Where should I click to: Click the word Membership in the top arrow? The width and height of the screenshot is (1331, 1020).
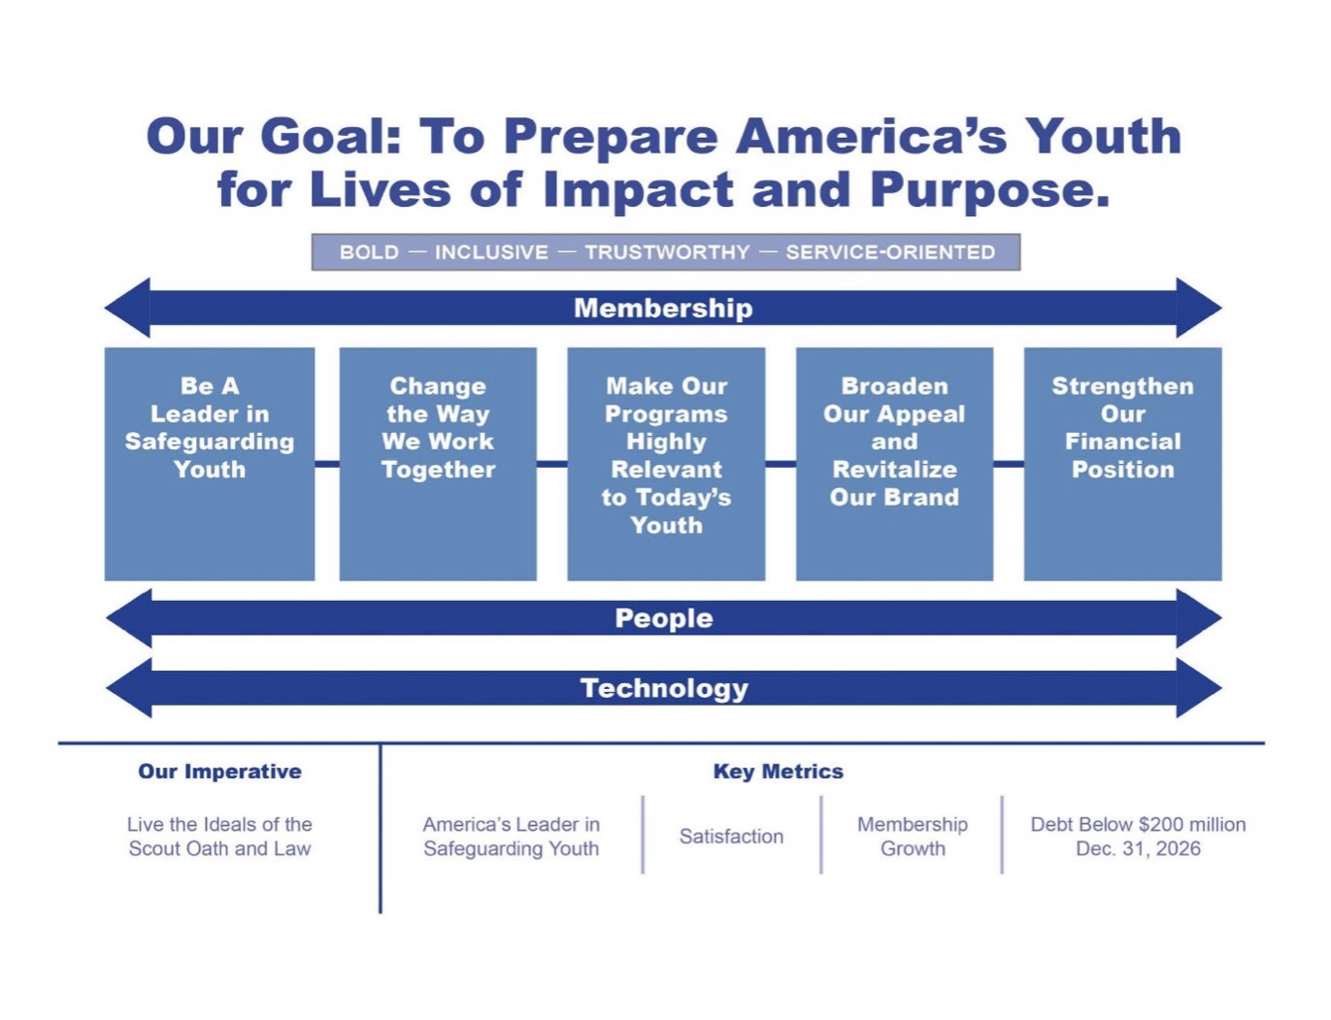[x=663, y=308]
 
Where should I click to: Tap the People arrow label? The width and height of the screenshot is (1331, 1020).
[x=663, y=618]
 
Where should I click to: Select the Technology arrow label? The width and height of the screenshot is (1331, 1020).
[x=664, y=688]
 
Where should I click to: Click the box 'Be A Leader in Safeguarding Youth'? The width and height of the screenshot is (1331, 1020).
[x=210, y=464]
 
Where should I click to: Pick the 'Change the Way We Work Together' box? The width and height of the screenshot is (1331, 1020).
[x=438, y=464]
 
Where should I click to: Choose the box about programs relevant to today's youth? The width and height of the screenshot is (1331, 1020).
[x=666, y=464]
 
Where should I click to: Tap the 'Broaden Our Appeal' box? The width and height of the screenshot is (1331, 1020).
[x=894, y=464]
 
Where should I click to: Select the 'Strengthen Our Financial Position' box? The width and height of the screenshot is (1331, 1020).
[x=1122, y=464]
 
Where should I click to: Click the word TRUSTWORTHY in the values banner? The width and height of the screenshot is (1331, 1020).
[x=667, y=252]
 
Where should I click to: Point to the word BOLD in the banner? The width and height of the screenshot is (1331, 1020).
[x=369, y=252]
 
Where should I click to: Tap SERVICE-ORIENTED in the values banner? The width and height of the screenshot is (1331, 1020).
[x=890, y=252]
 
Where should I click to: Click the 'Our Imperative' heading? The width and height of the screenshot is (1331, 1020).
[x=220, y=772]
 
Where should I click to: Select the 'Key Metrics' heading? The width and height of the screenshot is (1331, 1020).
[x=778, y=772]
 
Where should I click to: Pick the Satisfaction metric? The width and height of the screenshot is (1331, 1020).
[x=731, y=837]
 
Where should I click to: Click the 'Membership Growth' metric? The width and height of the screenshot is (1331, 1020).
[x=913, y=837]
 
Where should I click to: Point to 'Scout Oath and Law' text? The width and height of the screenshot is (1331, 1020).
[x=220, y=848]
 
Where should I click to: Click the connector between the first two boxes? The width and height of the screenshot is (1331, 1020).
[x=327, y=464]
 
